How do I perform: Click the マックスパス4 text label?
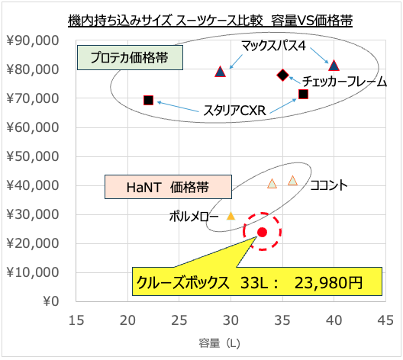(x=273, y=47)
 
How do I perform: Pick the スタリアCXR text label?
(x=233, y=111)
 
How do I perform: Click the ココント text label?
(x=329, y=185)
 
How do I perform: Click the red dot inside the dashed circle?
(x=262, y=232)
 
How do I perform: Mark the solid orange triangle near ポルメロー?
(x=231, y=216)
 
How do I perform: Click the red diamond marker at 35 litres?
(x=283, y=75)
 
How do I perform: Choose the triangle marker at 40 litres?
(x=334, y=66)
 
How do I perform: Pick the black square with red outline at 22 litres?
(x=148, y=100)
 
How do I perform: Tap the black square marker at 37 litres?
(x=303, y=94)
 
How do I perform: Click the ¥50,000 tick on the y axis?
(x=35, y=156)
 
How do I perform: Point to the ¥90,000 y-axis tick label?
(x=35, y=40)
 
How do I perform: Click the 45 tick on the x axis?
(x=385, y=319)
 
